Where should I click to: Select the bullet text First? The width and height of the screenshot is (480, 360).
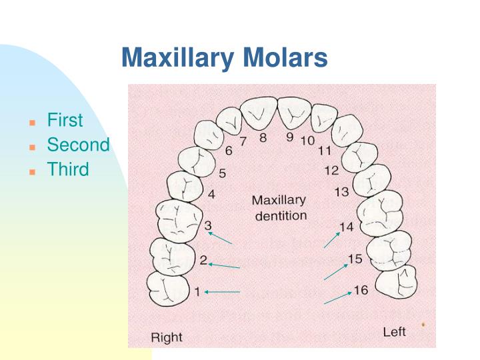(x=65, y=121)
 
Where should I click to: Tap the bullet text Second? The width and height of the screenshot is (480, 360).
(x=78, y=145)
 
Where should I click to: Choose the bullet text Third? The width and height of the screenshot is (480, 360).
(x=67, y=169)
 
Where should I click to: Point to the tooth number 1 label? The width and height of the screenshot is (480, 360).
(x=197, y=291)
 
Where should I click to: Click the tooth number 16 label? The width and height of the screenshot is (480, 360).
(x=360, y=290)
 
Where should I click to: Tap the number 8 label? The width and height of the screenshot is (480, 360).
(x=263, y=138)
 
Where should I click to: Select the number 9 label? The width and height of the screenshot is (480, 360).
(x=289, y=137)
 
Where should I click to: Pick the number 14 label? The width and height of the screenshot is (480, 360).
(x=346, y=227)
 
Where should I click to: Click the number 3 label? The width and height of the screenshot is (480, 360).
(x=208, y=226)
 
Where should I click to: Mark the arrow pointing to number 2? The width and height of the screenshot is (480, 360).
(x=224, y=266)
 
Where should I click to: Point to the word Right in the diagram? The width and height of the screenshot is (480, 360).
(x=167, y=337)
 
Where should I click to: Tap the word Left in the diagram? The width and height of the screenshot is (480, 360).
(x=394, y=331)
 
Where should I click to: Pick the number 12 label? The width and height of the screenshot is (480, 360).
(x=331, y=170)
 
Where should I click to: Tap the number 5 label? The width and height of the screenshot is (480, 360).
(x=222, y=173)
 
